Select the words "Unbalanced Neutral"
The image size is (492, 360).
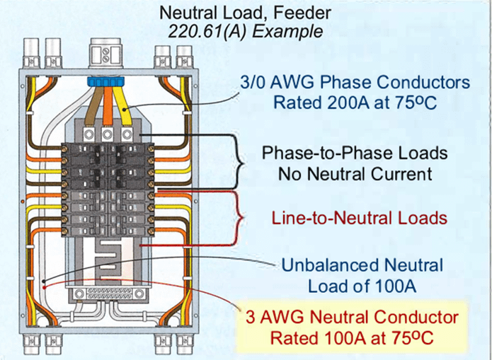pyautogui.click(x=362, y=266)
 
